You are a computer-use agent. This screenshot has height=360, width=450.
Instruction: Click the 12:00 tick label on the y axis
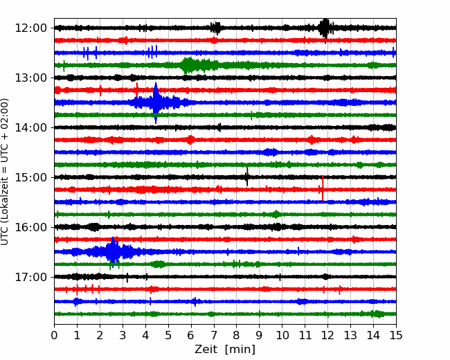coord(30,28)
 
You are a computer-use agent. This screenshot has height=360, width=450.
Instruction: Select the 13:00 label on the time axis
coord(30,78)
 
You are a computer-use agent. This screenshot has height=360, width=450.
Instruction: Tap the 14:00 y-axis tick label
coord(30,127)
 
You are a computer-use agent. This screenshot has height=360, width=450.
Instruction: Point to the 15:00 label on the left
coord(30,177)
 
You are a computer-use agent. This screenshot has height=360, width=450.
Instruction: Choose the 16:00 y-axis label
coord(30,227)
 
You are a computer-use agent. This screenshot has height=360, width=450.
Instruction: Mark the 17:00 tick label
coord(30,277)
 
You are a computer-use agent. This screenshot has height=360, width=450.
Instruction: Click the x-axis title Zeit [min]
coord(225,350)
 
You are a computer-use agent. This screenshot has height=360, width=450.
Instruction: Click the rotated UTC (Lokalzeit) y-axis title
coord(4,172)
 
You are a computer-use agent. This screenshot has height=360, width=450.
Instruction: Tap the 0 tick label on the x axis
coord(54,335)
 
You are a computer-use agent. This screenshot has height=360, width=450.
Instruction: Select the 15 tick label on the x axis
coord(396,335)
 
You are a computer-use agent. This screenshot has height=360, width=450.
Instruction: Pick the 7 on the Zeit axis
coord(214,335)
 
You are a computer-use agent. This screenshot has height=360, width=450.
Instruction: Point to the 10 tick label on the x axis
coord(282,335)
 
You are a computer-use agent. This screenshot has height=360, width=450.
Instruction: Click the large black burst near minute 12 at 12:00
coord(325,28)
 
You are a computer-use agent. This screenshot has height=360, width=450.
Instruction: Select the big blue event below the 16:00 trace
coord(114,251)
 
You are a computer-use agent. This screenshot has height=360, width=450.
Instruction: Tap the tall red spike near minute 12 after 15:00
coord(323,188)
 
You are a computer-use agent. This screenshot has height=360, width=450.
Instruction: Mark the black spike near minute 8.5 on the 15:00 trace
coord(247,177)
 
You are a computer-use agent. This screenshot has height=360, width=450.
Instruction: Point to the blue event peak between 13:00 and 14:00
coord(156,102)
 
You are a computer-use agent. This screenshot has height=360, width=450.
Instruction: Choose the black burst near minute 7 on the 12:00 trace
coord(215,28)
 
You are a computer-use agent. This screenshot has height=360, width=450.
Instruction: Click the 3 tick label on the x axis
coord(123,335)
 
